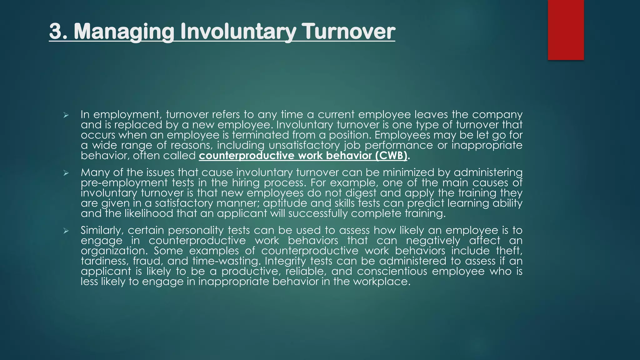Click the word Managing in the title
point(124,32)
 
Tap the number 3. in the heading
point(58,32)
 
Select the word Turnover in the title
point(350,32)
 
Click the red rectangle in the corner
point(566,30)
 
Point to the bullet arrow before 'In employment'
point(66,116)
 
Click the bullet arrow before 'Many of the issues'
point(66,173)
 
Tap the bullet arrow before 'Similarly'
point(66,231)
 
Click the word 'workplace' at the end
point(381,282)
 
